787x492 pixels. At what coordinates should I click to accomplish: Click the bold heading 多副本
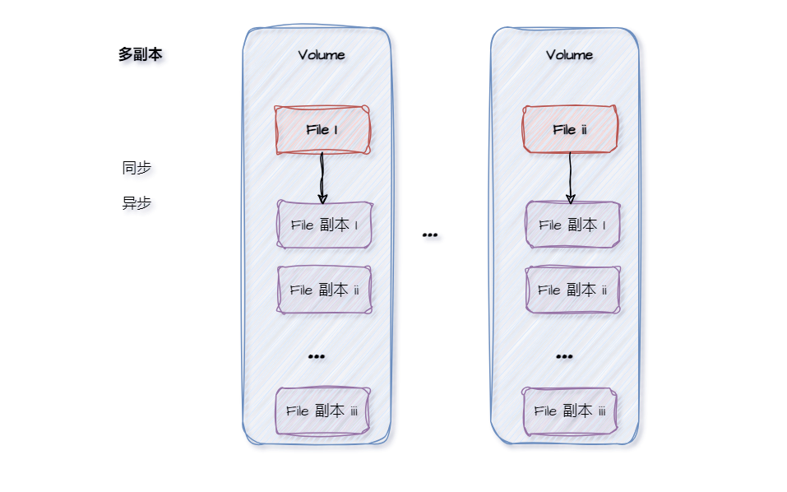140,55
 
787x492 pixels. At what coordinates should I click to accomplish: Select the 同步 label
137,168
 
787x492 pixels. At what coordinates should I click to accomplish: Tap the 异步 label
137,203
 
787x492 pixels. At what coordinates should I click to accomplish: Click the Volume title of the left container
322,55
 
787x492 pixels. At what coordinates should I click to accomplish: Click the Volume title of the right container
569,55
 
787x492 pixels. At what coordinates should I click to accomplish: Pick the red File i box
322,130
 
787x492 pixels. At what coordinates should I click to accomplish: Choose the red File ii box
570,130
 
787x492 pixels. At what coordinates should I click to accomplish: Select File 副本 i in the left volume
324,225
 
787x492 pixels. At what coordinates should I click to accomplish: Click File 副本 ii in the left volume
324,290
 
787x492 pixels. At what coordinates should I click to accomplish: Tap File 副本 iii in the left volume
322,411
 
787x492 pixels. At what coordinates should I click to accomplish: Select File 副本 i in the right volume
572,225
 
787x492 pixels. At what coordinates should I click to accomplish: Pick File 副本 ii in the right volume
572,290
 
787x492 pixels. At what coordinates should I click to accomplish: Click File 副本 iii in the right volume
570,411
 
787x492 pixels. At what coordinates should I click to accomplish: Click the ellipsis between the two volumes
429,235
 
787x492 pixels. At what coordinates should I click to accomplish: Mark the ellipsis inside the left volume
316,356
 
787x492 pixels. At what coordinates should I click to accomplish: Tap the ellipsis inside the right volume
564,356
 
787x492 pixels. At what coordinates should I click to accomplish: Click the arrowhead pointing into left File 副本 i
322,197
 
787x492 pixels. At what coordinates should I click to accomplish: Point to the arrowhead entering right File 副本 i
570,197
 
